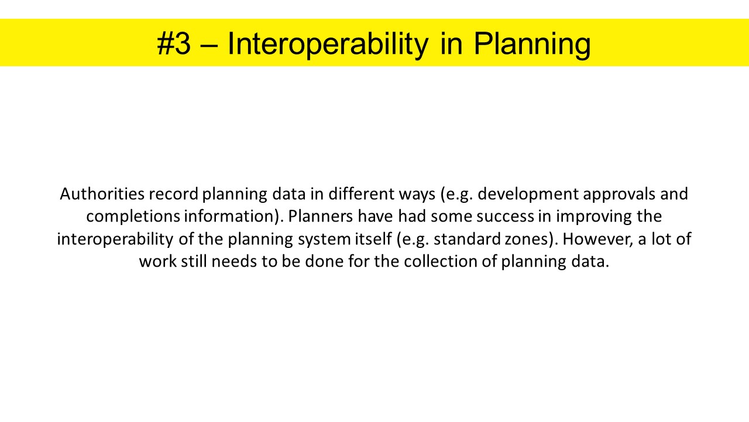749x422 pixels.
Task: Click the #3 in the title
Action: (174, 43)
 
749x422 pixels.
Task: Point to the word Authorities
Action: (102, 194)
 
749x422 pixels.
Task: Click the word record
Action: (174, 194)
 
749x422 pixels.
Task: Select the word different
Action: (362, 194)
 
